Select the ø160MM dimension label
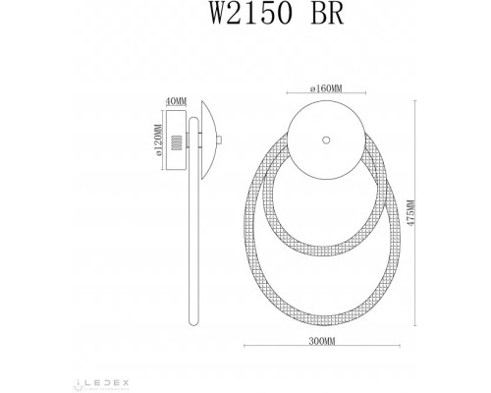point(324,88)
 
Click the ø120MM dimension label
point(157,141)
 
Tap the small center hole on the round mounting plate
point(324,139)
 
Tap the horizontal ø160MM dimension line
point(324,95)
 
